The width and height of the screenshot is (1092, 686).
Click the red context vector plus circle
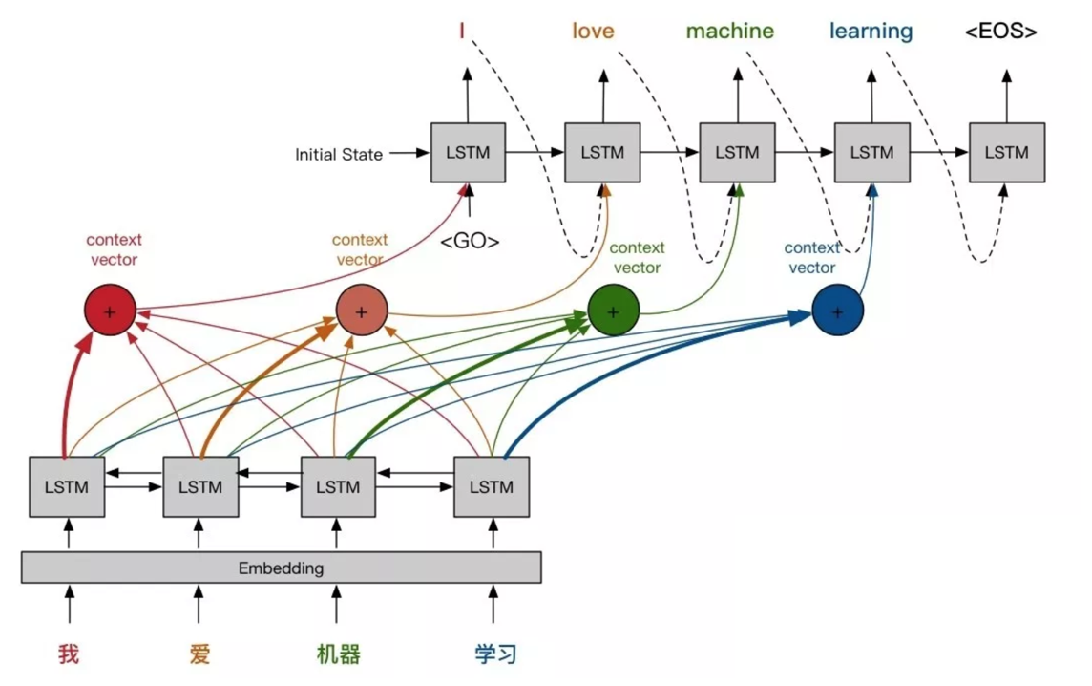tap(110, 311)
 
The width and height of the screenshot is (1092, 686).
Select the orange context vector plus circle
tap(361, 311)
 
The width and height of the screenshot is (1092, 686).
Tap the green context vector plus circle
tap(613, 311)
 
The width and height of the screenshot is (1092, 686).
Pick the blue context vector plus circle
tap(837, 311)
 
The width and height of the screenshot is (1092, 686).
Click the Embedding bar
tap(281, 568)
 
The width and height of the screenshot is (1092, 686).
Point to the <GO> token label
tap(470, 242)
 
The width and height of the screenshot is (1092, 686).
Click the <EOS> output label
tap(1000, 32)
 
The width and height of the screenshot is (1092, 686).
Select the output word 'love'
tap(593, 31)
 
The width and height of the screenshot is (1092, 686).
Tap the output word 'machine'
tap(729, 31)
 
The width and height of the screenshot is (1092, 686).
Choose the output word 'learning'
tap(871, 31)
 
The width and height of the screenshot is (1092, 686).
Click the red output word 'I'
tap(462, 31)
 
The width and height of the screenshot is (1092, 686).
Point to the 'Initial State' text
tap(339, 154)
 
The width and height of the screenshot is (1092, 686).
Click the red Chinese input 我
tap(68, 654)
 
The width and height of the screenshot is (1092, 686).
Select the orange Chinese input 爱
tap(199, 654)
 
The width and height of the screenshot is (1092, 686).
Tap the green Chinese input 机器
tap(338, 654)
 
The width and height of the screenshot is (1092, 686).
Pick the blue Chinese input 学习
tap(496, 654)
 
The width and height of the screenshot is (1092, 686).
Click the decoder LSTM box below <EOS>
tap(1006, 152)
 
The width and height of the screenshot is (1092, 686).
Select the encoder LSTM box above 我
tap(67, 487)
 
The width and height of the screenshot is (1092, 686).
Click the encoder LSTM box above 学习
tap(491, 487)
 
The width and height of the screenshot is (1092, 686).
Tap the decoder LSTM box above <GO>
tap(468, 152)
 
